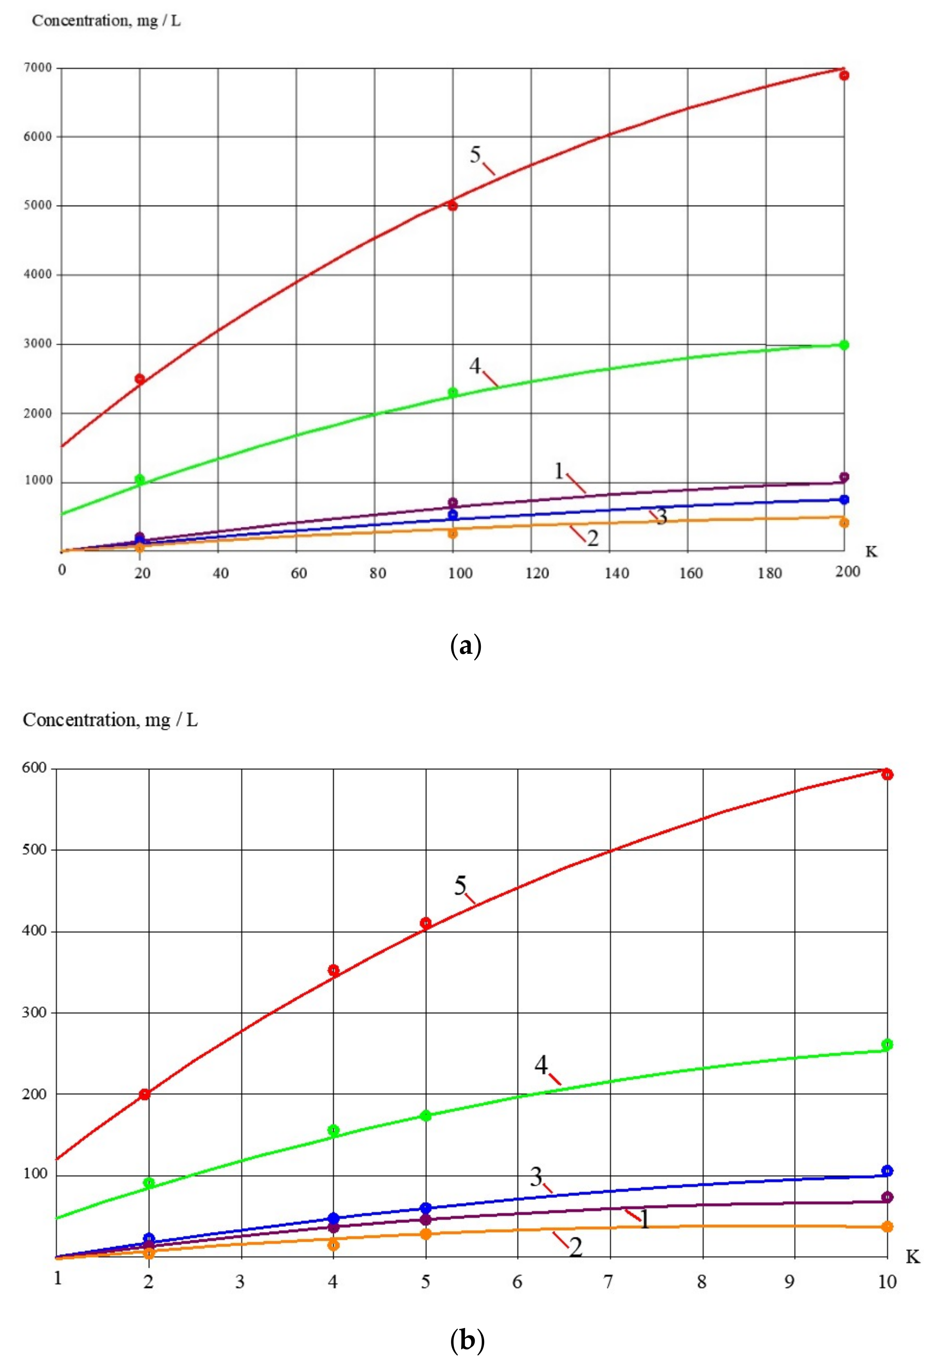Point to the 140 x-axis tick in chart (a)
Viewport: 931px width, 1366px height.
(616, 573)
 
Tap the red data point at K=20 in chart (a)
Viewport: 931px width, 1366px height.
(140, 378)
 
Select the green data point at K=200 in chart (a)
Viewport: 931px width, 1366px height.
(844, 345)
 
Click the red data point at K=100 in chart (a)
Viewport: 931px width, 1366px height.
(452, 206)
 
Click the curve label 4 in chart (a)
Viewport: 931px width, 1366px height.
(475, 366)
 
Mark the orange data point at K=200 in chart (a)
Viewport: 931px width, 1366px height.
(844, 523)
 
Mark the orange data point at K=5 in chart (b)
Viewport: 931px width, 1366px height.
(426, 1233)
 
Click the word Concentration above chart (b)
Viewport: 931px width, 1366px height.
(79, 720)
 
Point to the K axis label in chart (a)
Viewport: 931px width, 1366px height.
(871, 551)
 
